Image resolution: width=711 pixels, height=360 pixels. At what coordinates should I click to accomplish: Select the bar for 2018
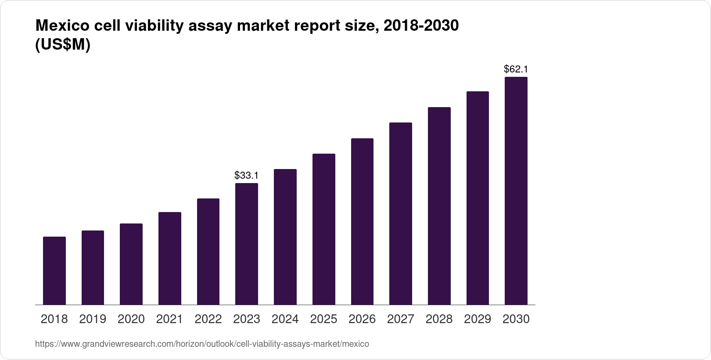coord(54,271)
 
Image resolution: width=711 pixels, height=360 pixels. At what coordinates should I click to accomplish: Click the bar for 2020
coord(131,264)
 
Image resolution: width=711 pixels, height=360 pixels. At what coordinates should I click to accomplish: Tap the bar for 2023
coord(247,244)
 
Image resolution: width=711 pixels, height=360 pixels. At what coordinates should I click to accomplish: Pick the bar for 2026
coord(362,222)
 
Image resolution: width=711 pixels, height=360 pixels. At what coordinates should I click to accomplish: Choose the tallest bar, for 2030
coord(516,191)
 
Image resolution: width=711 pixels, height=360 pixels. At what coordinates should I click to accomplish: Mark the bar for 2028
coord(439,206)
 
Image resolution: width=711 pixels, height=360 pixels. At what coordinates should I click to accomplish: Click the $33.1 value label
coord(247,176)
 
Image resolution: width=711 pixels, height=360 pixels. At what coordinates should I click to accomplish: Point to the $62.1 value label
coord(516,69)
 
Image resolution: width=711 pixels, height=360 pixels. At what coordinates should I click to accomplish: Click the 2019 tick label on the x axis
coord(93,319)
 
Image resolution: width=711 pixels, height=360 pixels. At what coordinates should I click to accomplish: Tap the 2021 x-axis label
coord(169,319)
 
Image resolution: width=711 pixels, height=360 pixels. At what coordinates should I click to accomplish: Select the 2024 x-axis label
coord(285,319)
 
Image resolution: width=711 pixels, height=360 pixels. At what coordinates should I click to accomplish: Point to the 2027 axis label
coord(400,319)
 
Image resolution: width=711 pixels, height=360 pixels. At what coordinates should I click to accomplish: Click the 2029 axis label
coord(478,319)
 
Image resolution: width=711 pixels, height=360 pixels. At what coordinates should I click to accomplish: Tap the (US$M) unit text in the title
coord(62,45)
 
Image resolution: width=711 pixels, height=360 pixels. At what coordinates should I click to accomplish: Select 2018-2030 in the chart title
coord(421,26)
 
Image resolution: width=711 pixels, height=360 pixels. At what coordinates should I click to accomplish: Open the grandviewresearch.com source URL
coord(202,344)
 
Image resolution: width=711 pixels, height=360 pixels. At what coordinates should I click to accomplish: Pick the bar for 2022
coord(208,252)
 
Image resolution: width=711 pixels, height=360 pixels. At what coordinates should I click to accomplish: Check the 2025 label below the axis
coord(323,319)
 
